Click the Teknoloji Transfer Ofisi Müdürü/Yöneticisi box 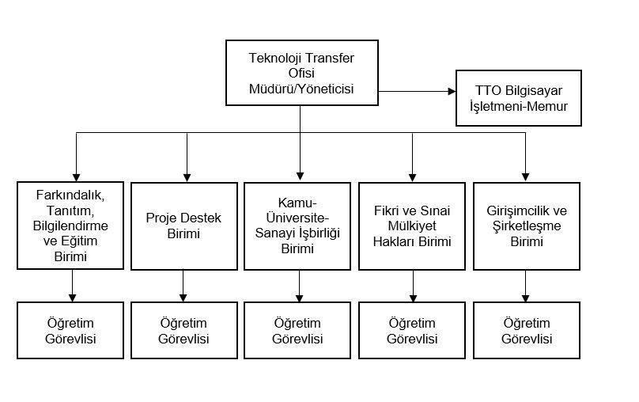302,73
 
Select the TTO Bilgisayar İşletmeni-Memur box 518,98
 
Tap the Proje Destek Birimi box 184,226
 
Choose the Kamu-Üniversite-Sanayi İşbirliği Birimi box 297,226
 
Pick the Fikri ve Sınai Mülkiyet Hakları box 412,226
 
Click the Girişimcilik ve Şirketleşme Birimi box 527,226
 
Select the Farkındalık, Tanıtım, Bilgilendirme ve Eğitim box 70,226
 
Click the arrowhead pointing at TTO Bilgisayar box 452,91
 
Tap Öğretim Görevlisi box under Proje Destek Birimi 184,330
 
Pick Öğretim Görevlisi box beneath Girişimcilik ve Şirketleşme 527,330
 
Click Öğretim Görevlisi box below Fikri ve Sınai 412,330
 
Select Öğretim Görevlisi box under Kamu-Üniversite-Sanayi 297,330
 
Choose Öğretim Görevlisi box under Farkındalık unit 70,330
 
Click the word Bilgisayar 534,91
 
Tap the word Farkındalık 70,195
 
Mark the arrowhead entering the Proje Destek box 187,177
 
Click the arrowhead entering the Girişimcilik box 525,177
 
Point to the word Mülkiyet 412,226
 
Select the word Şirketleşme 527,226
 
